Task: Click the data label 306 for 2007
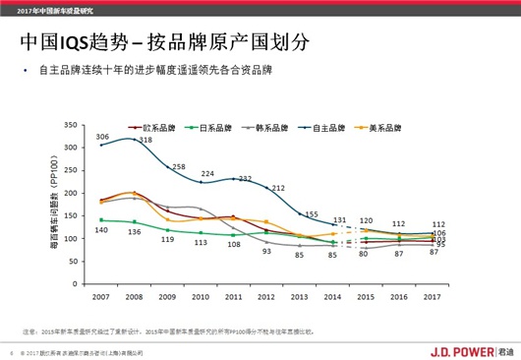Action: tap(102, 136)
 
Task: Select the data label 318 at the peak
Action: tap(145, 141)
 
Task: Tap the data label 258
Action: tap(179, 166)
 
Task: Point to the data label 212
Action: tap(278, 187)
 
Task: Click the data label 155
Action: tap(312, 213)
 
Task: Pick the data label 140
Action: tap(101, 230)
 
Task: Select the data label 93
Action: tap(265, 252)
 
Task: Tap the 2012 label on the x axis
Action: tap(266, 296)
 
